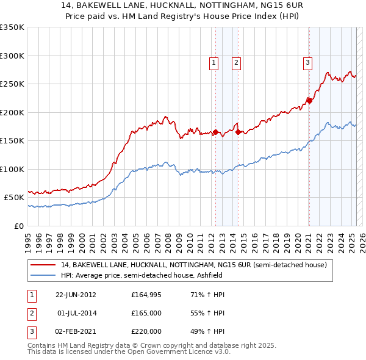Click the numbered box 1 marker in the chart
point(214,62)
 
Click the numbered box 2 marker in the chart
point(235,62)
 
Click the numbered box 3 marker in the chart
point(307,62)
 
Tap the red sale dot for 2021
point(309,101)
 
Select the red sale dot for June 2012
point(215,132)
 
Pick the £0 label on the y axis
point(19,226)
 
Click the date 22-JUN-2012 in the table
point(76,295)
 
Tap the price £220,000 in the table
point(146,331)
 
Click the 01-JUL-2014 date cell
point(76,313)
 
